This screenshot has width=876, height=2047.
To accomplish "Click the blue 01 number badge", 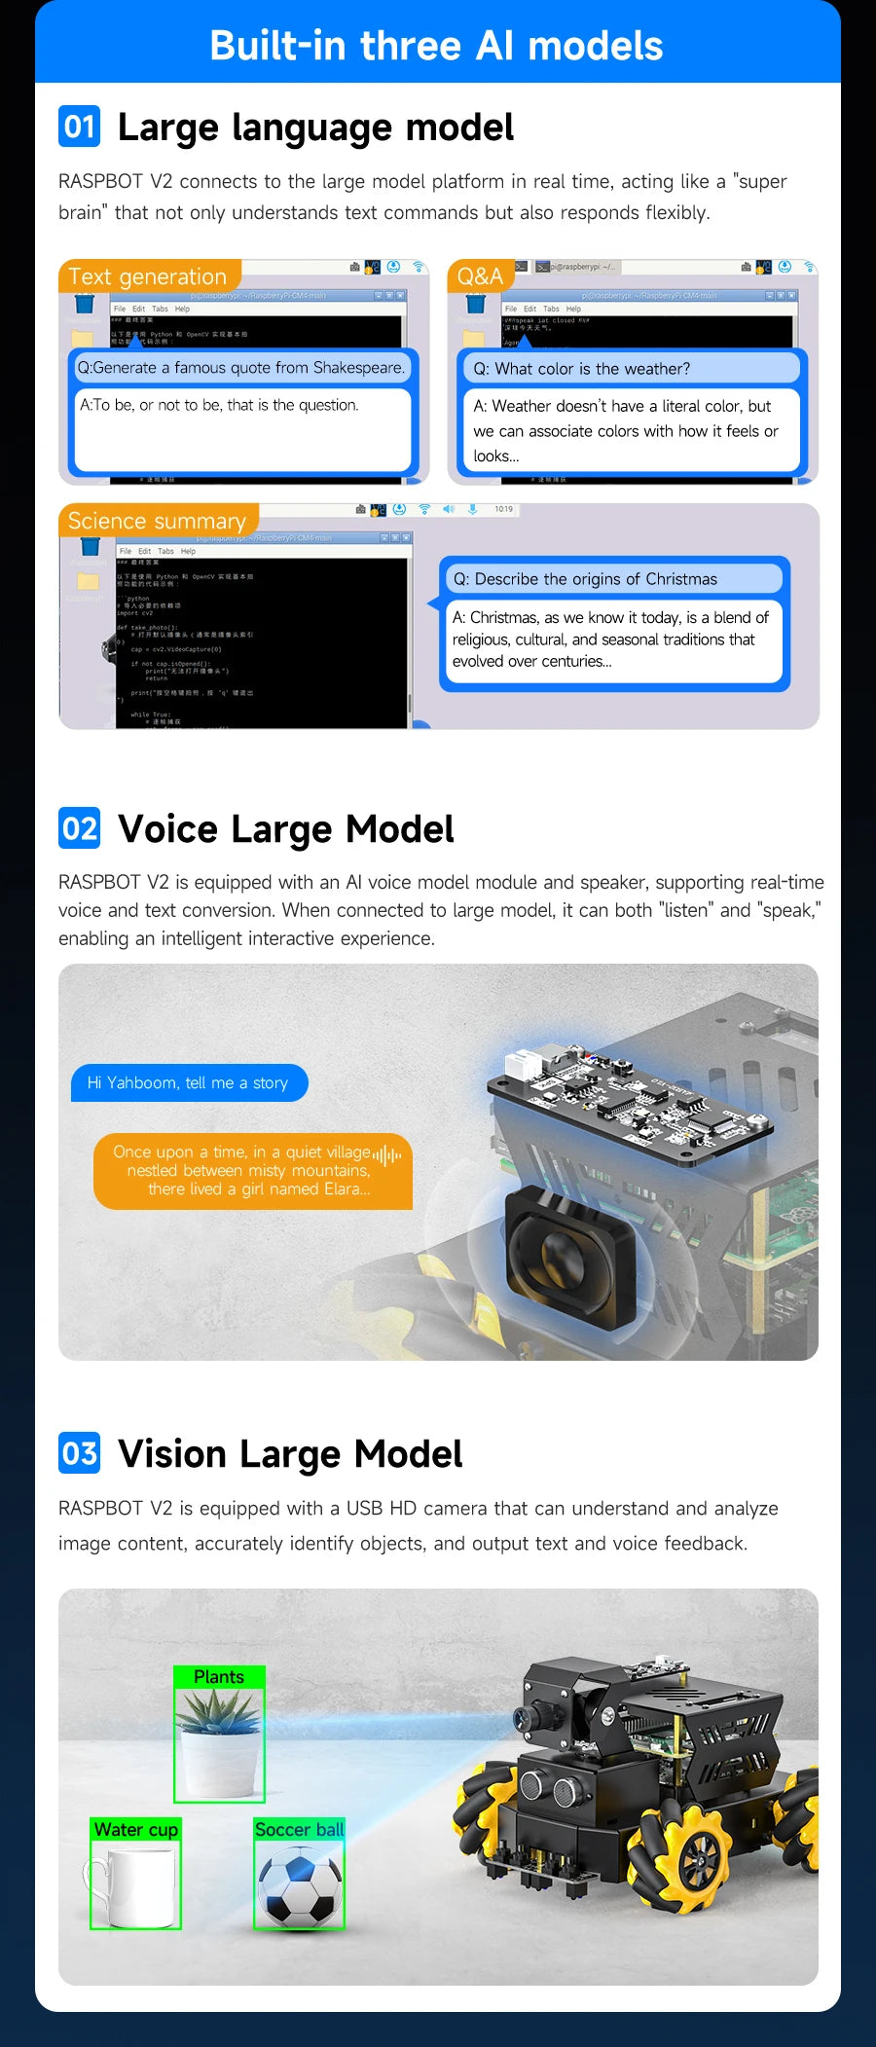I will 79,127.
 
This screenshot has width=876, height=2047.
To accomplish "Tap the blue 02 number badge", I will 79,828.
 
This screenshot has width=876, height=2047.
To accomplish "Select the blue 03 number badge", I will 79,1453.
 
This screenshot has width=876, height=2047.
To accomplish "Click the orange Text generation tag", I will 148,276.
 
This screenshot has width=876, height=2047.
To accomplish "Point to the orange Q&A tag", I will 480,276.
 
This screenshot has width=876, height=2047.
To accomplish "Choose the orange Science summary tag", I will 158,521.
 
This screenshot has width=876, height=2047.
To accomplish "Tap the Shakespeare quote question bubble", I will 241,368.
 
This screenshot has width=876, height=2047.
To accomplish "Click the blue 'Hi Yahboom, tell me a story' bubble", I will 189,1083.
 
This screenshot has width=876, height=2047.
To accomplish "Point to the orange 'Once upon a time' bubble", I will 251,1171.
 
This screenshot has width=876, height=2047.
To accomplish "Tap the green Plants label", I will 219,1677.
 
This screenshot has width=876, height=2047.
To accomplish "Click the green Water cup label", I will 136,1830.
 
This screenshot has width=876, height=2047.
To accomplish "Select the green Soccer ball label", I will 299,1830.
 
